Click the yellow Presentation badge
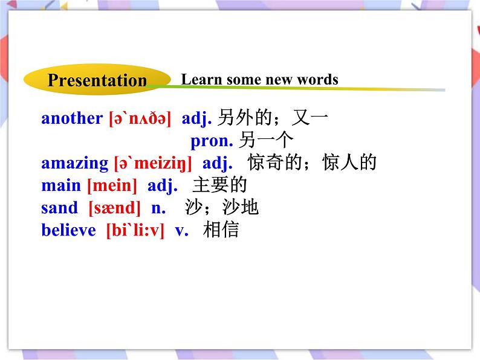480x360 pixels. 97,80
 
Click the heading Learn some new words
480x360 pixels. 259,79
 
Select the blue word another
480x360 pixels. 72,118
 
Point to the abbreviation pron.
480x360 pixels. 212,141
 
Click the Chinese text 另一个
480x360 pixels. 267,141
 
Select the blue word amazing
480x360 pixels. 74,163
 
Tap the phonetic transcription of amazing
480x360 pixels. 153,163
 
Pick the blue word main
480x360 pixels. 61,185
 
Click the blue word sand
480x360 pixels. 60,208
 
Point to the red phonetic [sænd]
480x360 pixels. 114,208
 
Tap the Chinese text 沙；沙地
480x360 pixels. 222,208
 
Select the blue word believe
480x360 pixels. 69,230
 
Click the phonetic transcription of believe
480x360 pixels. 135,230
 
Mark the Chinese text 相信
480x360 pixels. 221,230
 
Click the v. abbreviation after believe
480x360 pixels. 181,230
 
